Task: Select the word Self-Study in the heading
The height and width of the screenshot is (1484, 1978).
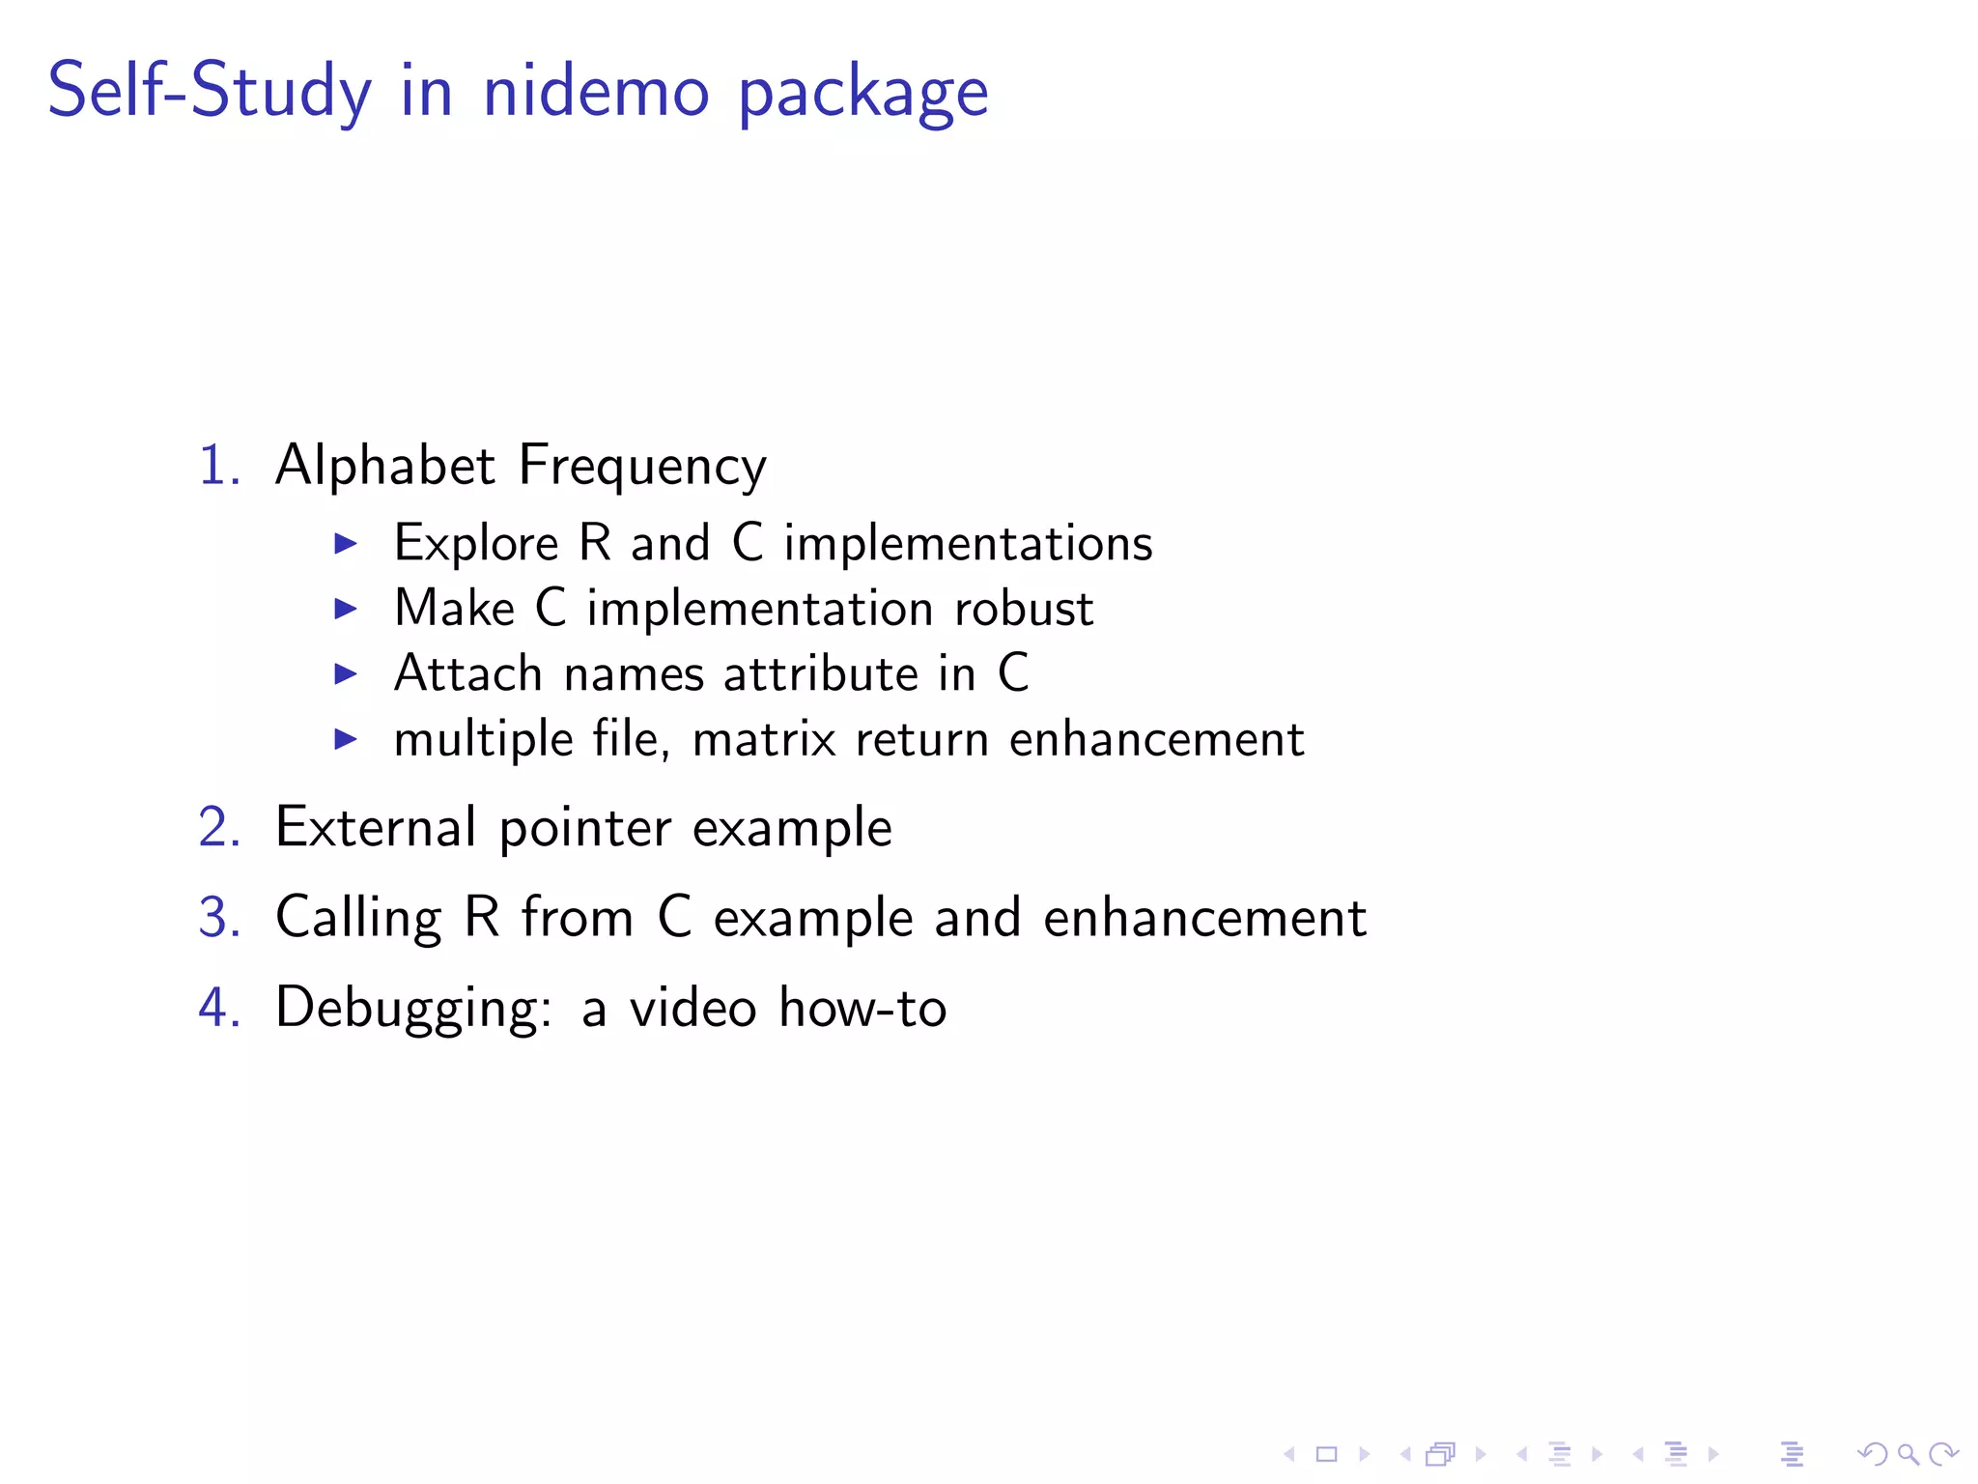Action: click(209, 92)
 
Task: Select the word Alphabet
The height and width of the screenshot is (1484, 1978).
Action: click(385, 466)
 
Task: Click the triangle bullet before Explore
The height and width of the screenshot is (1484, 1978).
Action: click(345, 544)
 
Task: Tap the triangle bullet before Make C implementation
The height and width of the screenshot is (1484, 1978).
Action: click(345, 609)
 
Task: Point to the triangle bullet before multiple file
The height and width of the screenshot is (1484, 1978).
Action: click(345, 740)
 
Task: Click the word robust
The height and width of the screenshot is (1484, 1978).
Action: click(1024, 610)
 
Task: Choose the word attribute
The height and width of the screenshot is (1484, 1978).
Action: click(821, 674)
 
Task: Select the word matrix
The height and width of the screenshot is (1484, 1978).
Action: click(764, 740)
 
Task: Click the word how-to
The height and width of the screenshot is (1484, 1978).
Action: click(862, 1008)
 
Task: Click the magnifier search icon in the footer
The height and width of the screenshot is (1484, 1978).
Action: click(1907, 1454)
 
